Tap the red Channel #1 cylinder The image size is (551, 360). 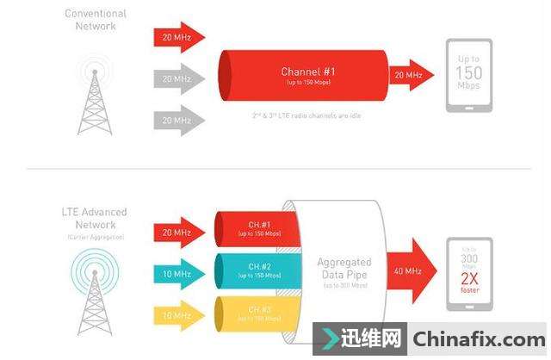click(x=301, y=76)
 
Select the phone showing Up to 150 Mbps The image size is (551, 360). click(x=468, y=76)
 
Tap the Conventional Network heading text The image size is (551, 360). click(x=96, y=20)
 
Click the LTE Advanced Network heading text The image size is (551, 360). click(x=96, y=218)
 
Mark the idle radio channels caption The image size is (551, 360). click(x=300, y=115)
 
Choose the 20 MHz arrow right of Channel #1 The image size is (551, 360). click(x=408, y=76)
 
